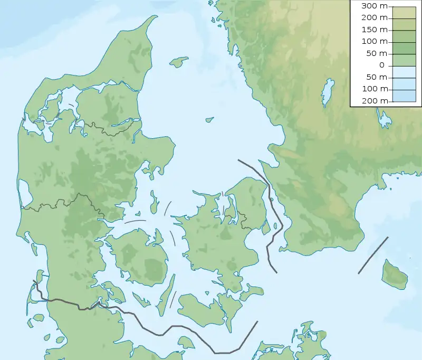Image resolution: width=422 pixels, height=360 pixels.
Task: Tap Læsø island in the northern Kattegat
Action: (x=179, y=62)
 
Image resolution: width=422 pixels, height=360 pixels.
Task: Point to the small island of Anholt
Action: (x=209, y=120)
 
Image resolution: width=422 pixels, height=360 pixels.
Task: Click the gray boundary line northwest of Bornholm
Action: (x=373, y=255)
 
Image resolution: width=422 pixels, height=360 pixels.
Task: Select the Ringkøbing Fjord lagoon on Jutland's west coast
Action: (x=24, y=193)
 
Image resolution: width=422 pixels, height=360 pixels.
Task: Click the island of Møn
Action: (x=252, y=290)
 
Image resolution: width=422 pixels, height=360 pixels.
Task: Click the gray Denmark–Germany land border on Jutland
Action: (x=63, y=303)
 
